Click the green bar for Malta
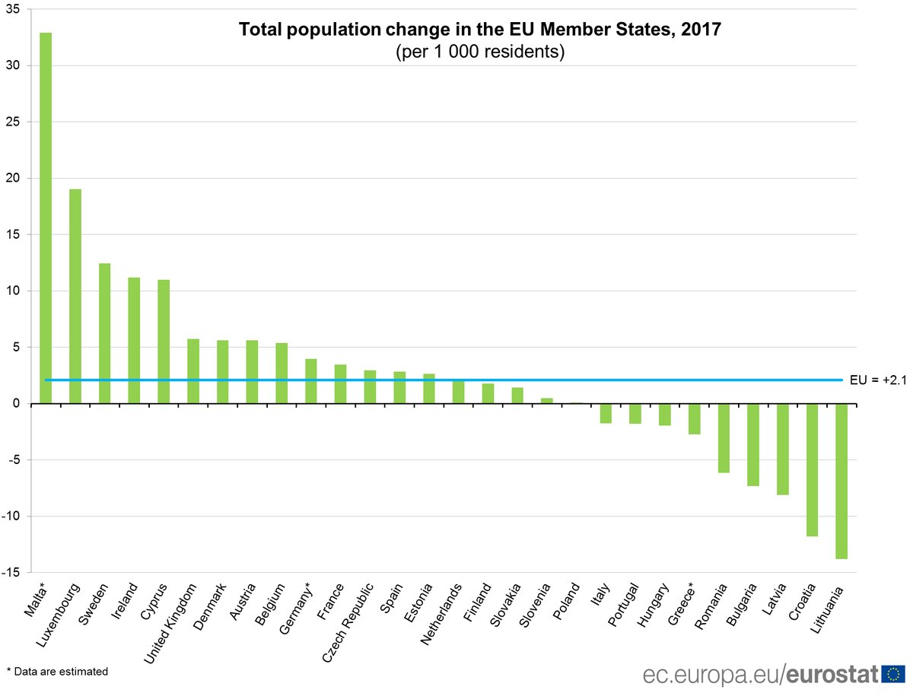46,218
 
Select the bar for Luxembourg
75,296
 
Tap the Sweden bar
105,333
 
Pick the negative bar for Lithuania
841,481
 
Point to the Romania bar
724,438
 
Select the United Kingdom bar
193,371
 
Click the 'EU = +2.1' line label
877,380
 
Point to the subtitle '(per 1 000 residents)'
479,53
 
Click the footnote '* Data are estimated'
57,672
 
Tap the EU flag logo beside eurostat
895,674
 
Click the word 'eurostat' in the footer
832,675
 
